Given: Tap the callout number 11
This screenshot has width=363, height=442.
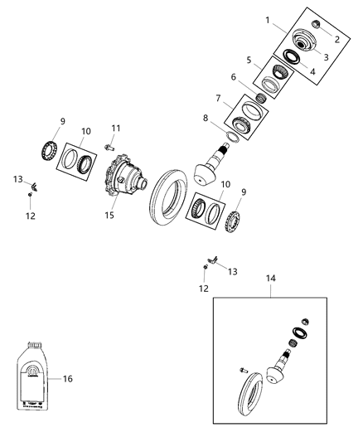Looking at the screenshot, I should coord(117,127).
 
